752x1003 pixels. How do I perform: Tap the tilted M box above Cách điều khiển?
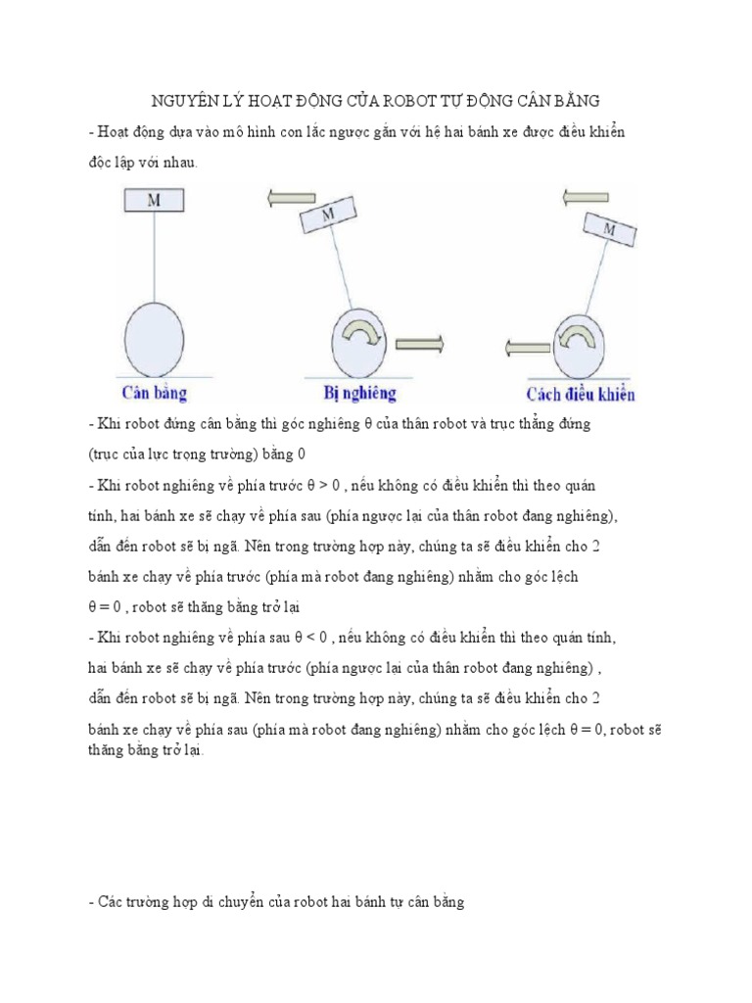(x=609, y=231)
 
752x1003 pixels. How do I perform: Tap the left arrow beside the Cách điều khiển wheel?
(x=528, y=346)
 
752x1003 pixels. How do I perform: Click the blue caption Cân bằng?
(x=155, y=394)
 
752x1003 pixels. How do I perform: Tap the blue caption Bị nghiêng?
(x=360, y=394)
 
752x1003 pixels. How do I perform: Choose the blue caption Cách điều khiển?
(x=581, y=395)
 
